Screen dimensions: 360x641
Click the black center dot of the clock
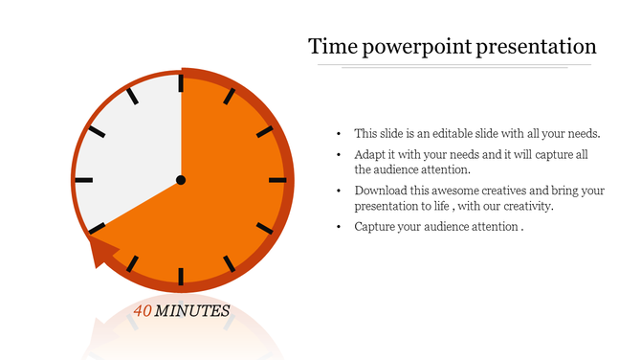coord(181,180)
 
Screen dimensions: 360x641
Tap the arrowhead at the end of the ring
coord(100,253)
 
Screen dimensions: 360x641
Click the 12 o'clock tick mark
coord(181,84)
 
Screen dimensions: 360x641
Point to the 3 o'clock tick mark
coord(276,180)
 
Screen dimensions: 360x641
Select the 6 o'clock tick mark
coord(181,276)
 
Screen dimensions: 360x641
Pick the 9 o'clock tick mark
coord(84,180)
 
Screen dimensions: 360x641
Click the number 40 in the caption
coord(143,311)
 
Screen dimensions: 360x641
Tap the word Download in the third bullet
coord(380,191)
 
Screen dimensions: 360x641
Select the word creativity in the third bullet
coord(523,206)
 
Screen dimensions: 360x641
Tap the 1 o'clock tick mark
coord(229,97)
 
